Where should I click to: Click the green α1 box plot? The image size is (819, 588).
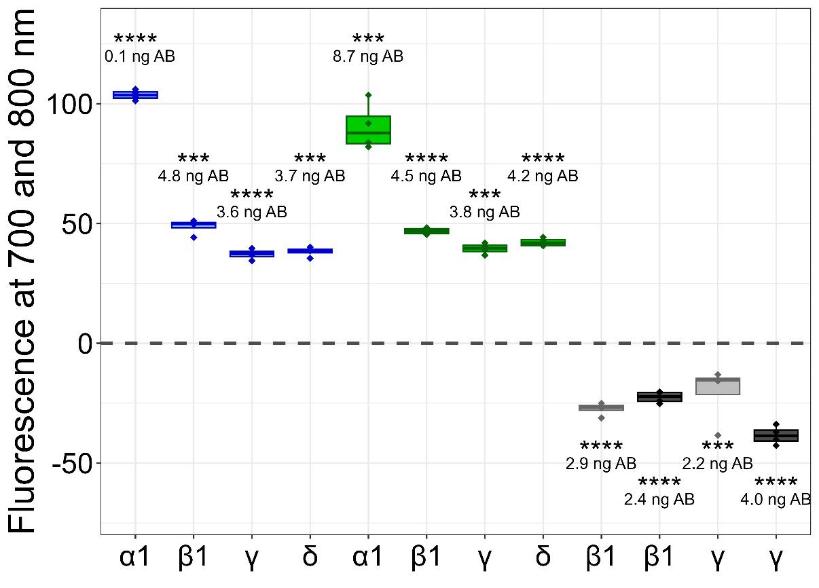click(368, 130)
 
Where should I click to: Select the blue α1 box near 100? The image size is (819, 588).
click(136, 95)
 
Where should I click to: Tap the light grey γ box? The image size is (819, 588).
click(718, 386)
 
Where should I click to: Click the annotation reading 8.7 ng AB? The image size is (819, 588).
click(368, 56)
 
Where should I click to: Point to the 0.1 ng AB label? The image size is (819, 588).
click(140, 56)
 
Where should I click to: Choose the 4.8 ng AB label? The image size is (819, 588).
click(194, 177)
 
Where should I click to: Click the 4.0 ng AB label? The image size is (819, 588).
click(776, 500)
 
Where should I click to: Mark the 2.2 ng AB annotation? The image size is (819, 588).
click(718, 464)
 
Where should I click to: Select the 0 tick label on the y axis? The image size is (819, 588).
click(84, 344)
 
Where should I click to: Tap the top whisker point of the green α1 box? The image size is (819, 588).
click(368, 95)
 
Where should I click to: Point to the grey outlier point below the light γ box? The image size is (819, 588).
click(718, 435)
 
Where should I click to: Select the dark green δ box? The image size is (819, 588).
click(543, 242)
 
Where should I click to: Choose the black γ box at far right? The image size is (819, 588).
click(776, 436)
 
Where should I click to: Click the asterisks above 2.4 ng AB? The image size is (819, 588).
click(659, 483)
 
